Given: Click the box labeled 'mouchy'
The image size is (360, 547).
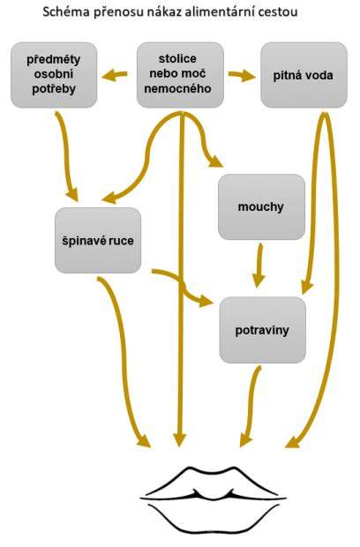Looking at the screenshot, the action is click(262, 206).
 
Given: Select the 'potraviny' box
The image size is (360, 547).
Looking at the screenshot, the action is click(263, 330).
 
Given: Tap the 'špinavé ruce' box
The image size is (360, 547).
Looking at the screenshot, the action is click(98, 240).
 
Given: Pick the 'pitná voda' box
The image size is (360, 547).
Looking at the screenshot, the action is click(304, 75).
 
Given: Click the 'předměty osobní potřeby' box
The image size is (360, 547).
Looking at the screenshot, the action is click(54, 75).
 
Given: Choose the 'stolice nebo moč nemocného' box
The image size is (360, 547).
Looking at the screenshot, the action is click(180, 75).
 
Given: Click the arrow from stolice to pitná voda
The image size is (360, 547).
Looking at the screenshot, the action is click(242, 75).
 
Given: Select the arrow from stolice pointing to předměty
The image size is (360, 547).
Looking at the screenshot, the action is click(114, 75).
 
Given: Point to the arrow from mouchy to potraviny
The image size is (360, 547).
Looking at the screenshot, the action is click(259, 266).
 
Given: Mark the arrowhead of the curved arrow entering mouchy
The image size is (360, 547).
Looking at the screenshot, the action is click(215, 161).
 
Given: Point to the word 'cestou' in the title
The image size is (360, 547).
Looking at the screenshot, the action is click(278, 11).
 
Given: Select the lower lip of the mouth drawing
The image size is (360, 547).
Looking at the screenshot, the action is click(214, 523).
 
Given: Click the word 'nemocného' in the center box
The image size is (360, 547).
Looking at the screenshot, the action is click(177, 88).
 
